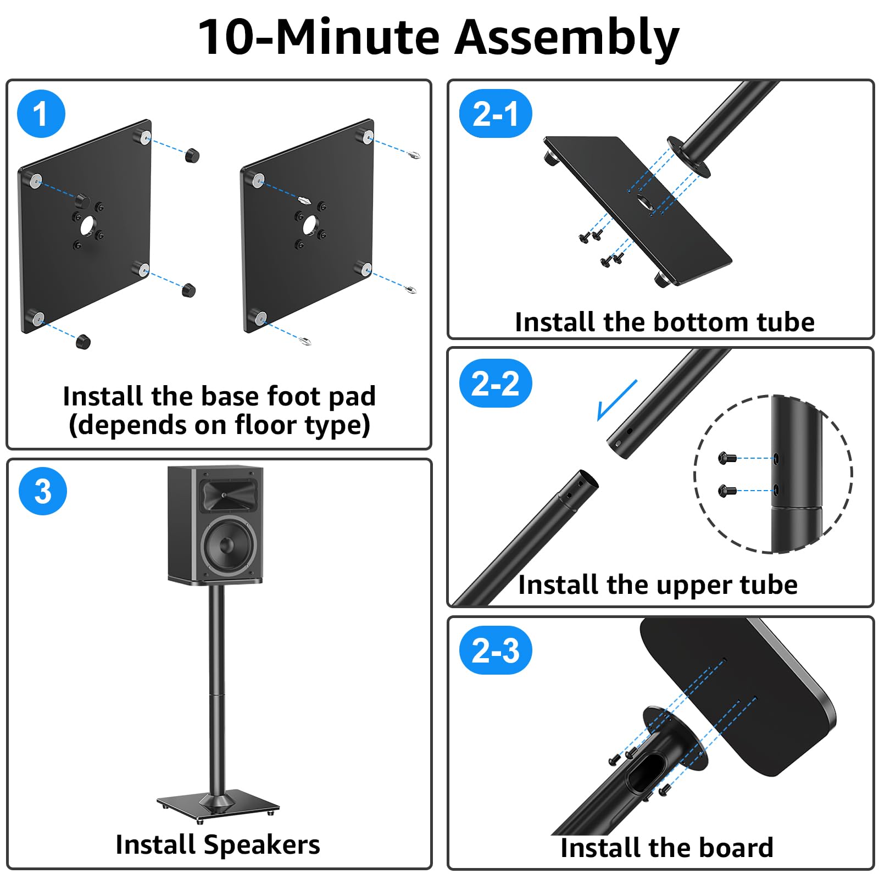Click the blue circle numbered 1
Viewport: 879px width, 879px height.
click(x=41, y=114)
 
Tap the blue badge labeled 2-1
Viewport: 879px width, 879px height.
click(x=495, y=114)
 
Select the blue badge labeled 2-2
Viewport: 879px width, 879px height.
click(x=495, y=383)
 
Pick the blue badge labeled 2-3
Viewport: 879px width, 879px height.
click(x=495, y=650)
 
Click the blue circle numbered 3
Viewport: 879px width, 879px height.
click(x=43, y=491)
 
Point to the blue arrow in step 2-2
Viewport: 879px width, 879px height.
click(x=616, y=400)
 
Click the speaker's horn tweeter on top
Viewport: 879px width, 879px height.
click(x=227, y=496)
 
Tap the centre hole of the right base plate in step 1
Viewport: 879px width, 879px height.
click(x=309, y=225)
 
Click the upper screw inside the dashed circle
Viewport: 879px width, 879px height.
click(x=727, y=457)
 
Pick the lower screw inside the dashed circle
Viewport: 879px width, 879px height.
click(x=727, y=490)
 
